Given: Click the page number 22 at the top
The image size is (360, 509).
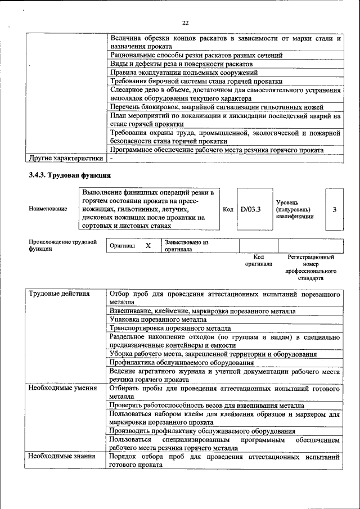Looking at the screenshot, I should coord(185,23).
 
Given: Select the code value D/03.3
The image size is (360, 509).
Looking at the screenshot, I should coord(250,209).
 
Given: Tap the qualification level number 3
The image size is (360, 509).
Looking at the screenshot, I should coord(334,209).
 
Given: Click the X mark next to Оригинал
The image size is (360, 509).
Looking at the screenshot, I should coord(148,246).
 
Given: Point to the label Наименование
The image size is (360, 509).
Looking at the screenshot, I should coord(48,209).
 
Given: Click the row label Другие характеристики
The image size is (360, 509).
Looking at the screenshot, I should coord(66,158).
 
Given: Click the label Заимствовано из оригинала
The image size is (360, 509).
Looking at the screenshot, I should coord(186,246).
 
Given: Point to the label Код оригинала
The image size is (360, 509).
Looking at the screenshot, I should coord(258,260).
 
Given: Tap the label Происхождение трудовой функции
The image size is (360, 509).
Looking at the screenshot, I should coord(62,245).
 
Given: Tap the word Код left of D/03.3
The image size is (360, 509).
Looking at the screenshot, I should coord(228,209).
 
